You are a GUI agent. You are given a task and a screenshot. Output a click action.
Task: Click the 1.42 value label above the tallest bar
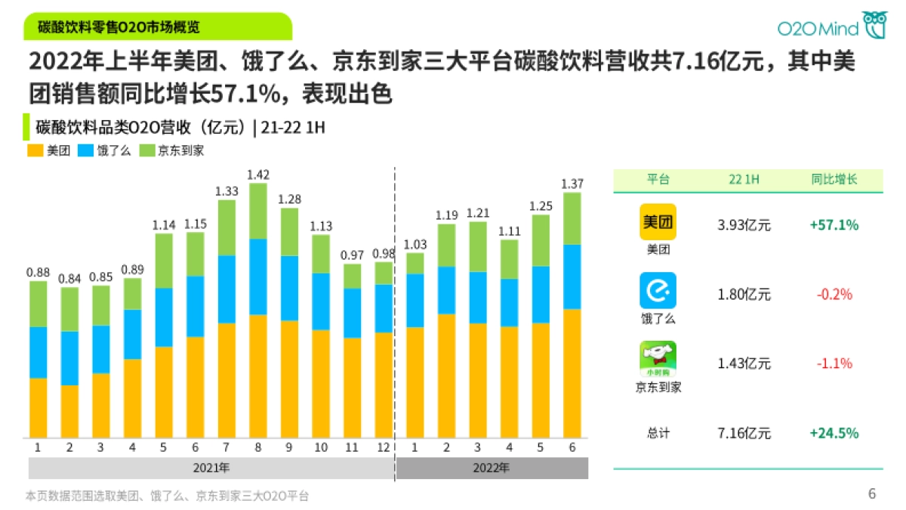tap(258, 175)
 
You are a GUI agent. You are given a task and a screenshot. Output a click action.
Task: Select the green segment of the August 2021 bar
tap(258, 211)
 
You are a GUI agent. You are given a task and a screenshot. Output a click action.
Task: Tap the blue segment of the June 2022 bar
tap(572, 277)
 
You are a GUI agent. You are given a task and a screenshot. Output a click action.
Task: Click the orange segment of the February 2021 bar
tap(69, 411)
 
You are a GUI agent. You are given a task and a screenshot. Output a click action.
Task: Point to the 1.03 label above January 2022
tap(415, 244)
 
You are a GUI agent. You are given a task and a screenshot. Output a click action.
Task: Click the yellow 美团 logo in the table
tap(658, 222)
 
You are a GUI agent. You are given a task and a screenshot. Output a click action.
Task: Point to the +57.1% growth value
tap(834, 225)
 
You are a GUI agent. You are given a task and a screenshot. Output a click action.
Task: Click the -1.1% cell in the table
tap(834, 363)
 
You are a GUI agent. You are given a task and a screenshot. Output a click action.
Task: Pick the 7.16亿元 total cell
tap(744, 433)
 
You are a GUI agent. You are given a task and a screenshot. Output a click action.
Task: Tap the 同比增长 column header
tap(834, 180)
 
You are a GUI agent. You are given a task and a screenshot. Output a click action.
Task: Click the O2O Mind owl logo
tap(875, 25)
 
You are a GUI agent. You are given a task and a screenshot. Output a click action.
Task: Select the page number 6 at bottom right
tap(872, 494)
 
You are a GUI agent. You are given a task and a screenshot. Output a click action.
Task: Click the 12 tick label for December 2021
tap(384, 447)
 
